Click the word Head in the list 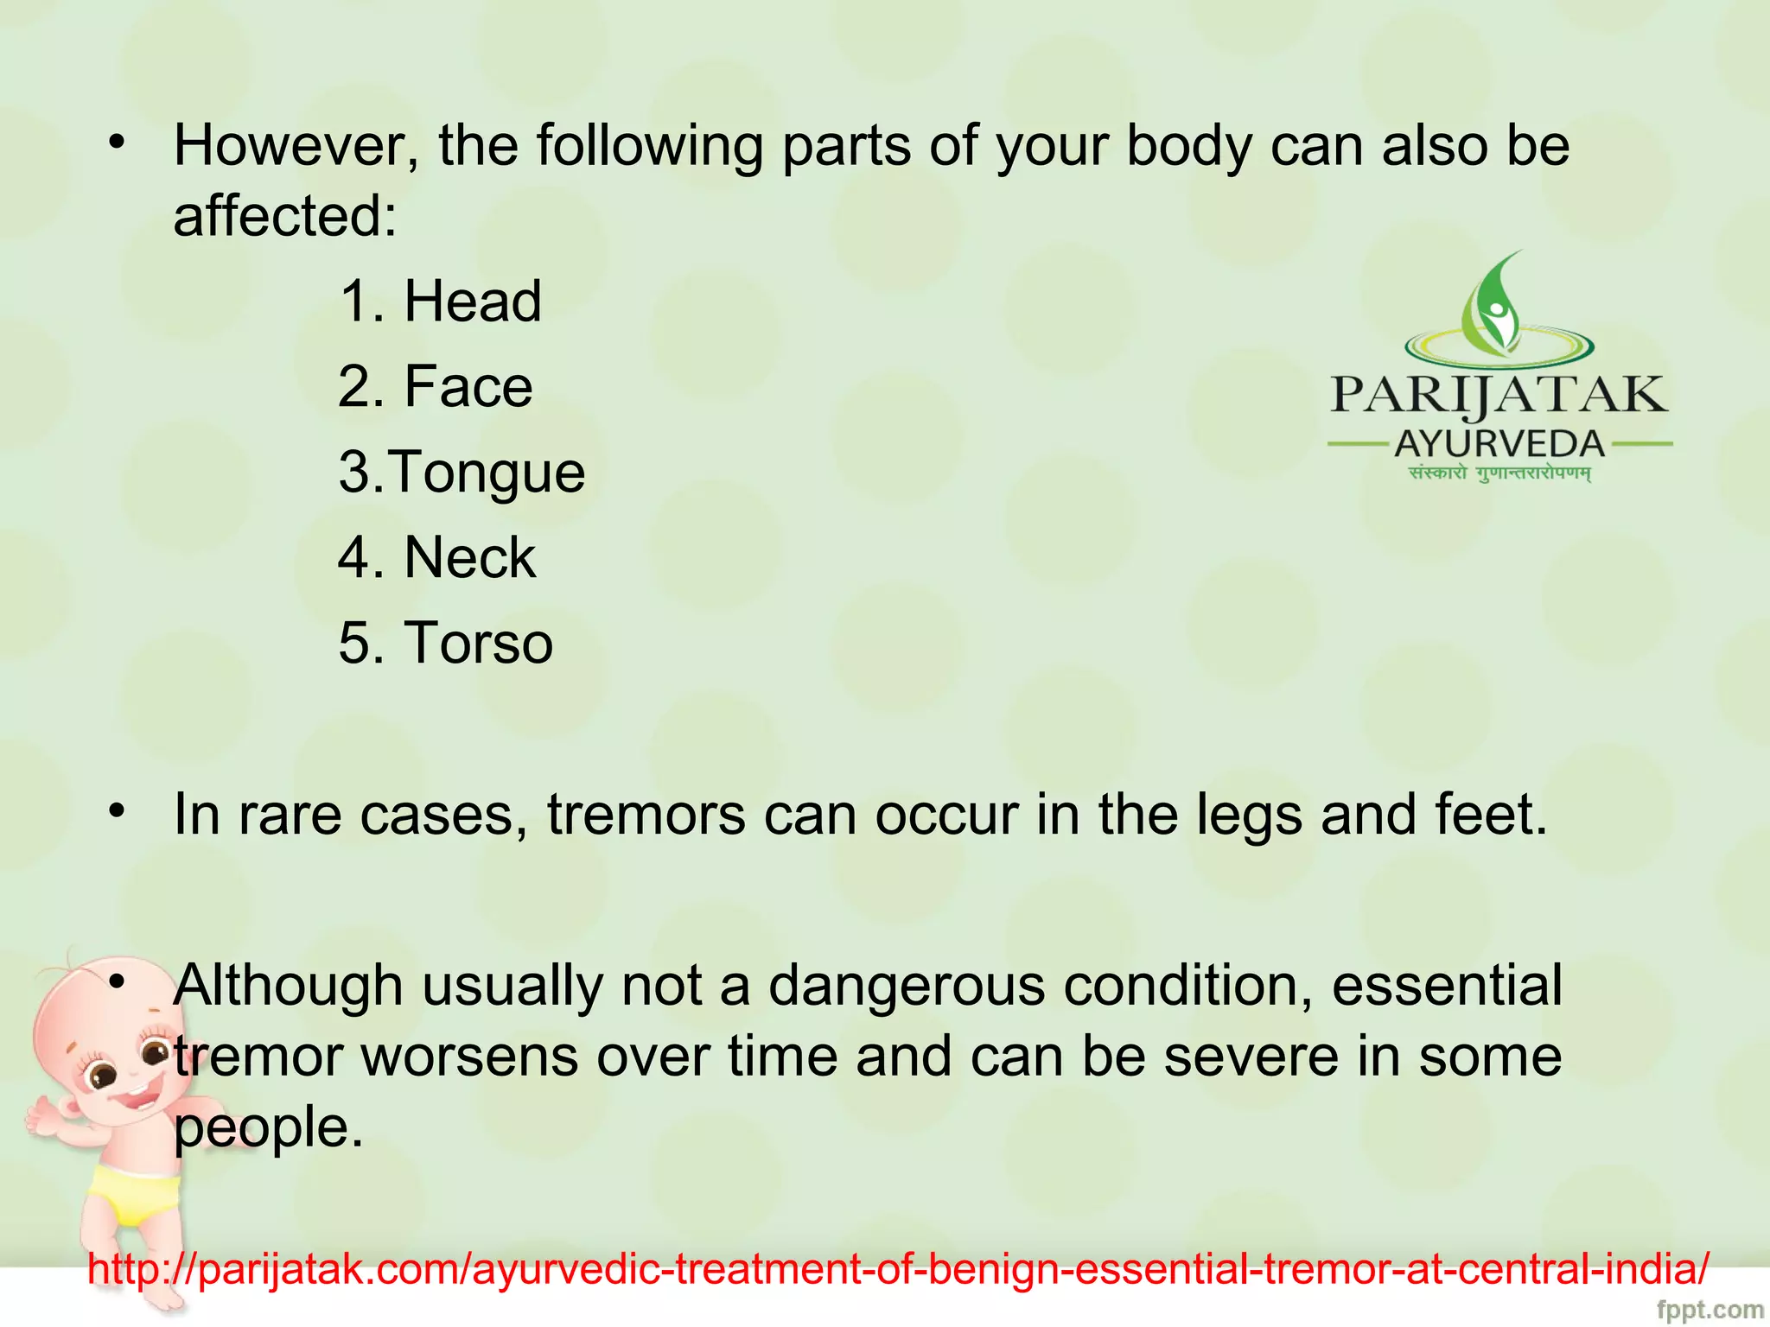tap(473, 302)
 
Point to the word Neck tap(469, 557)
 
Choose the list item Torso tap(478, 643)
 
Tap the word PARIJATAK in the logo tap(1499, 396)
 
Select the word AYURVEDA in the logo tap(1499, 445)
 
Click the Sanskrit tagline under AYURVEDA tap(1499, 473)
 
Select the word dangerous tap(907, 986)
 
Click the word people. tap(268, 1128)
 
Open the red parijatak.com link tap(899, 1269)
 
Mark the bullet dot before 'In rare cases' tap(118, 811)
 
